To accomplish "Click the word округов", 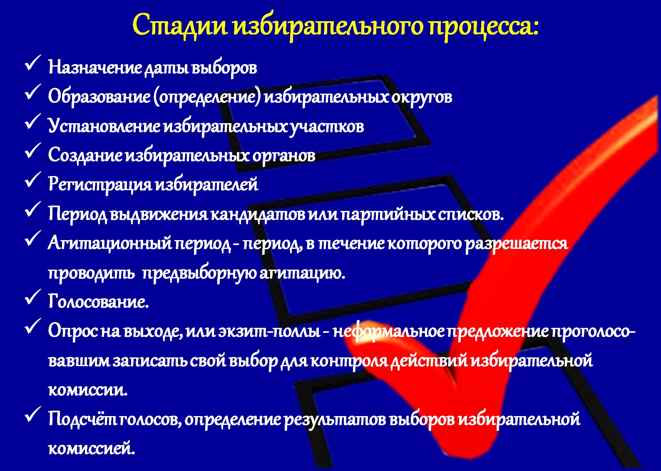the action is tap(422, 97).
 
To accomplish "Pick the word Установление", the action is tap(104, 126).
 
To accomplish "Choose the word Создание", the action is tap(85, 155).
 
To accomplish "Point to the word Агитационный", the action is tap(109, 243).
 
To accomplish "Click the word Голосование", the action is tap(99, 301).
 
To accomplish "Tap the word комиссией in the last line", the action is tap(92, 448).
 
